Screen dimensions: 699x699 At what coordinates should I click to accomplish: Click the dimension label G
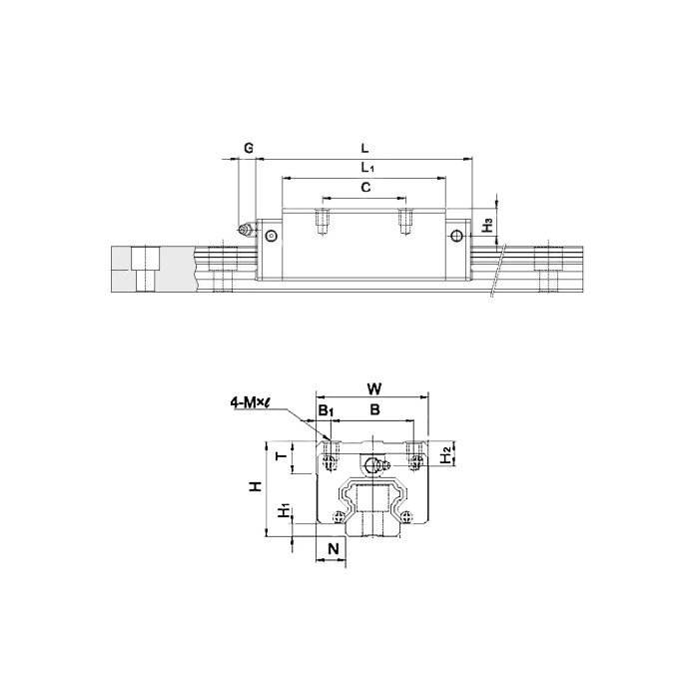pyautogui.click(x=249, y=148)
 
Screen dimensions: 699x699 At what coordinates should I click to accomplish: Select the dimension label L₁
pyautogui.click(x=367, y=168)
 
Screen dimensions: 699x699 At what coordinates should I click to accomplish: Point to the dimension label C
pyautogui.click(x=365, y=188)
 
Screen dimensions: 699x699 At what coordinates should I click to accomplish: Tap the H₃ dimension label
pyautogui.click(x=488, y=225)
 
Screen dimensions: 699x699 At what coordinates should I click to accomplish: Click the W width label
pyautogui.click(x=374, y=388)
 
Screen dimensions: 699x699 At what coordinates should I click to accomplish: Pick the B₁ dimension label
pyautogui.click(x=326, y=410)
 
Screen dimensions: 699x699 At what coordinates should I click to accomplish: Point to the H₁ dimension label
pyautogui.click(x=284, y=510)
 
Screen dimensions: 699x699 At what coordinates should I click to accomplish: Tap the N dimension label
pyautogui.click(x=333, y=549)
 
